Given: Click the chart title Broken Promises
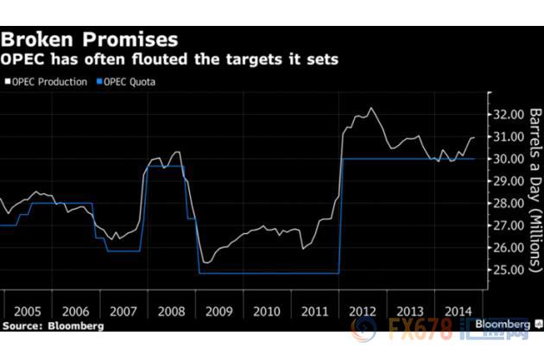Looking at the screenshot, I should (90, 38).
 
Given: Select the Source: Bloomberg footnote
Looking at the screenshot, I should (53, 326).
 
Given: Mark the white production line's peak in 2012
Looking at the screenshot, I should (371, 109).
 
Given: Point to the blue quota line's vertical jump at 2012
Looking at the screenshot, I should (342, 216).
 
